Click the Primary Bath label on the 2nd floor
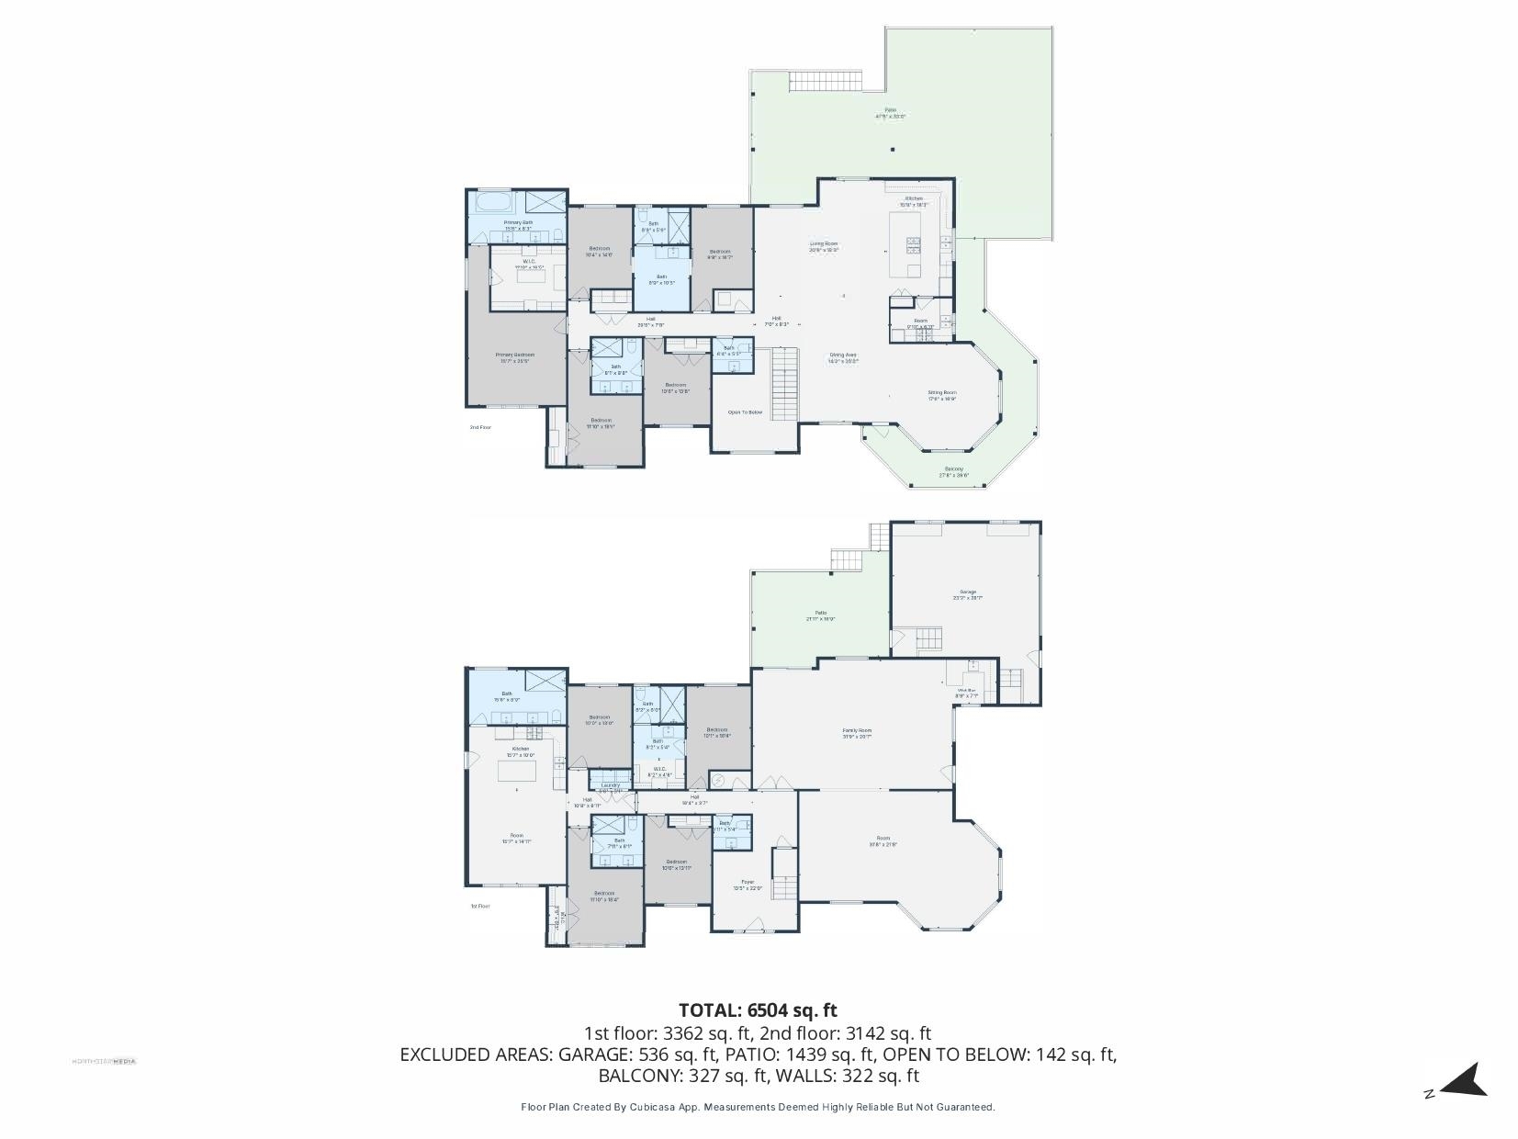click(x=517, y=223)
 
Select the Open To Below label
click(x=745, y=412)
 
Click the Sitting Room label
click(x=941, y=393)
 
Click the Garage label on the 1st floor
click(x=968, y=593)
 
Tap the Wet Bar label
click(x=967, y=692)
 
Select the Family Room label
click(x=857, y=732)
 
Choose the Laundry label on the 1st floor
click(x=610, y=785)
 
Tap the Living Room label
click(x=823, y=245)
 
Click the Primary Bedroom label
click(x=514, y=356)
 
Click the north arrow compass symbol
click(x=1462, y=1080)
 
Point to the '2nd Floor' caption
click(x=480, y=427)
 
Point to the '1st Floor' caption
click(x=480, y=906)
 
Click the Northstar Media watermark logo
click(x=104, y=1061)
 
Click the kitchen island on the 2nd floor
click(x=905, y=243)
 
